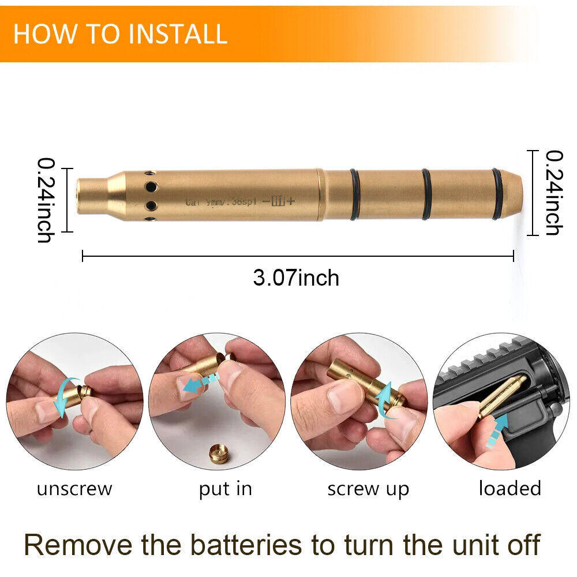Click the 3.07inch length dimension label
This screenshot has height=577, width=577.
(x=296, y=278)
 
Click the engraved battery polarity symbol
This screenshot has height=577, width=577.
(x=278, y=201)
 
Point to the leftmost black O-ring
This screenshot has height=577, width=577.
(x=354, y=194)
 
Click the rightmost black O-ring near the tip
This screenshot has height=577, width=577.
(x=497, y=194)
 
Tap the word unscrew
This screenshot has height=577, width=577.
(x=74, y=489)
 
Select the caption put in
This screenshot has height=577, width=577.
(x=226, y=489)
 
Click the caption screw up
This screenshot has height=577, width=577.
(x=368, y=489)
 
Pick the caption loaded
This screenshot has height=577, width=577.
(x=509, y=488)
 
